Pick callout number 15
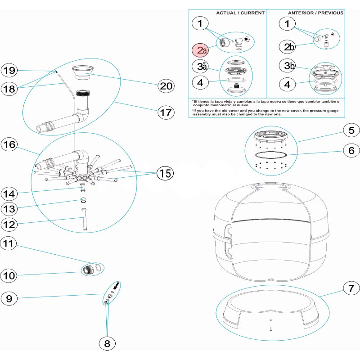(166, 173)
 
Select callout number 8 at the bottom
(107, 343)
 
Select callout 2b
(287, 46)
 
